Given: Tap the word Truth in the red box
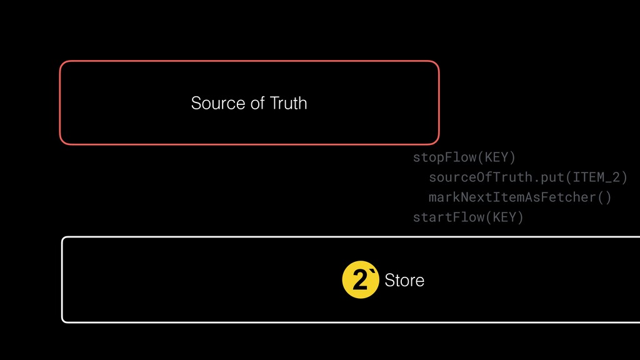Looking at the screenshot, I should (288, 103).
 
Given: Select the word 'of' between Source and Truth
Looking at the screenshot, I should (257, 103).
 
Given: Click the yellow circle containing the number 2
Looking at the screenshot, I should (361, 280).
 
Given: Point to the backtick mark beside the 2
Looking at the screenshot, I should (373, 273).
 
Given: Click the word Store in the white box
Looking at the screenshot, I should (404, 281).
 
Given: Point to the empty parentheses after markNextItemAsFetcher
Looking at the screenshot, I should (604, 197).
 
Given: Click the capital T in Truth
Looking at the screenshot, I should (273, 103).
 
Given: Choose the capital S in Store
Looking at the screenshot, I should (389, 281).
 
